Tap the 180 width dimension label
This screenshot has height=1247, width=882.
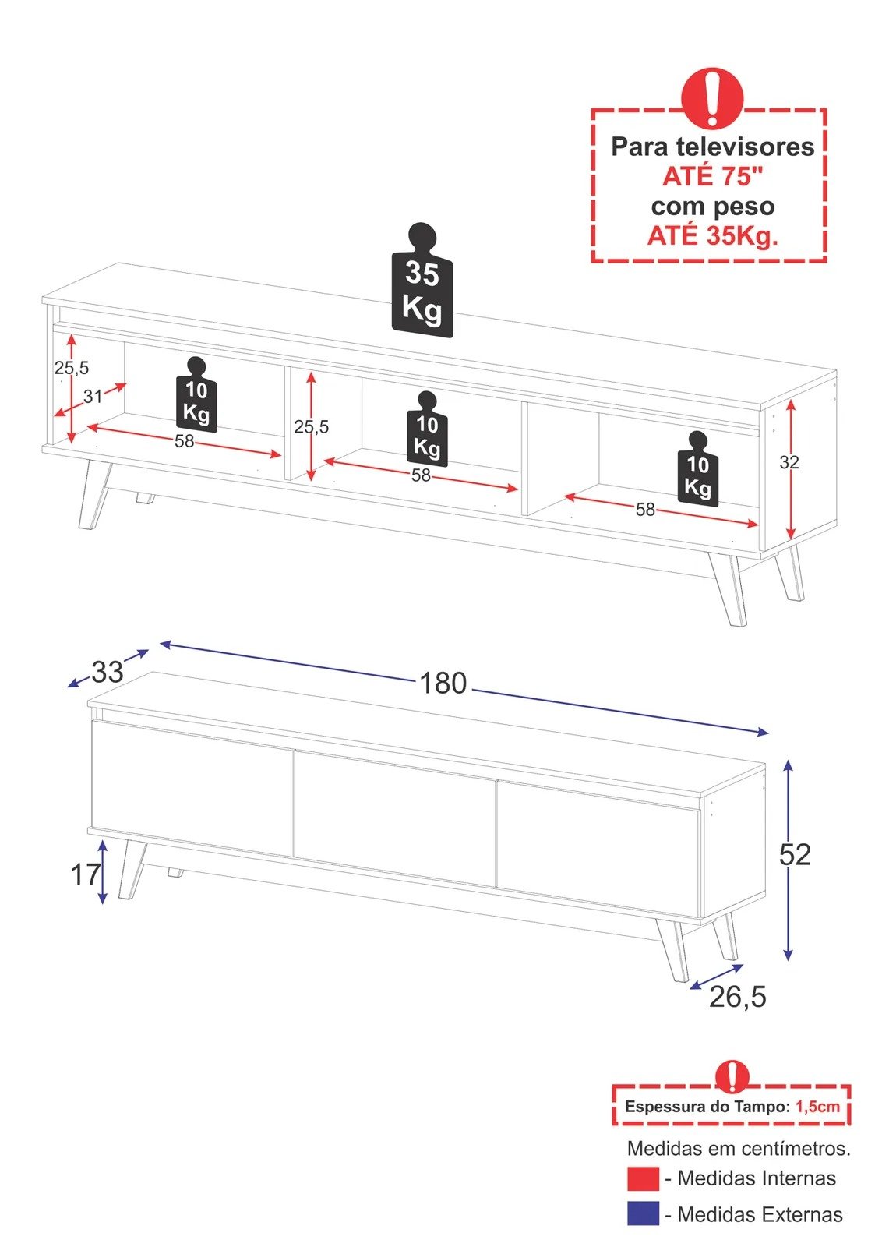[x=443, y=684]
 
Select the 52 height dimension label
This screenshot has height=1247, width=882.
[x=795, y=855]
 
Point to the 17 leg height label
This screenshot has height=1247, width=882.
[x=86, y=874]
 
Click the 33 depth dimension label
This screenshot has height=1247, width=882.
[x=108, y=672]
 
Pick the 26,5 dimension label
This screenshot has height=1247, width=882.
[x=737, y=997]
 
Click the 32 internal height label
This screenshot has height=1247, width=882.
[x=789, y=462]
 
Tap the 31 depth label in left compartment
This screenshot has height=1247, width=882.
[x=93, y=397]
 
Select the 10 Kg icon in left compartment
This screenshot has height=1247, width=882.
[x=196, y=396]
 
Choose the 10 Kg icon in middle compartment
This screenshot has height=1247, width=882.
[x=426, y=431]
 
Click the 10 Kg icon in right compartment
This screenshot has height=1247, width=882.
[x=697, y=471]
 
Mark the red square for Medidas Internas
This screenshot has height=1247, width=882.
[x=643, y=1178]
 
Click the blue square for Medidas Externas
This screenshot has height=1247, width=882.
[x=643, y=1213]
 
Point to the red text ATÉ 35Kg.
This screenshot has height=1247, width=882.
[x=712, y=235]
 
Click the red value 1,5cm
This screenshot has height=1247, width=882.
[x=817, y=1107]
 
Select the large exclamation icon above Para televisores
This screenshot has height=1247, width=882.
[x=712, y=97]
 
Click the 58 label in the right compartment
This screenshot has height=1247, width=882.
[x=645, y=510]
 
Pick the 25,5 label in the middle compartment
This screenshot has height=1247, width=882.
[x=311, y=427]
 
